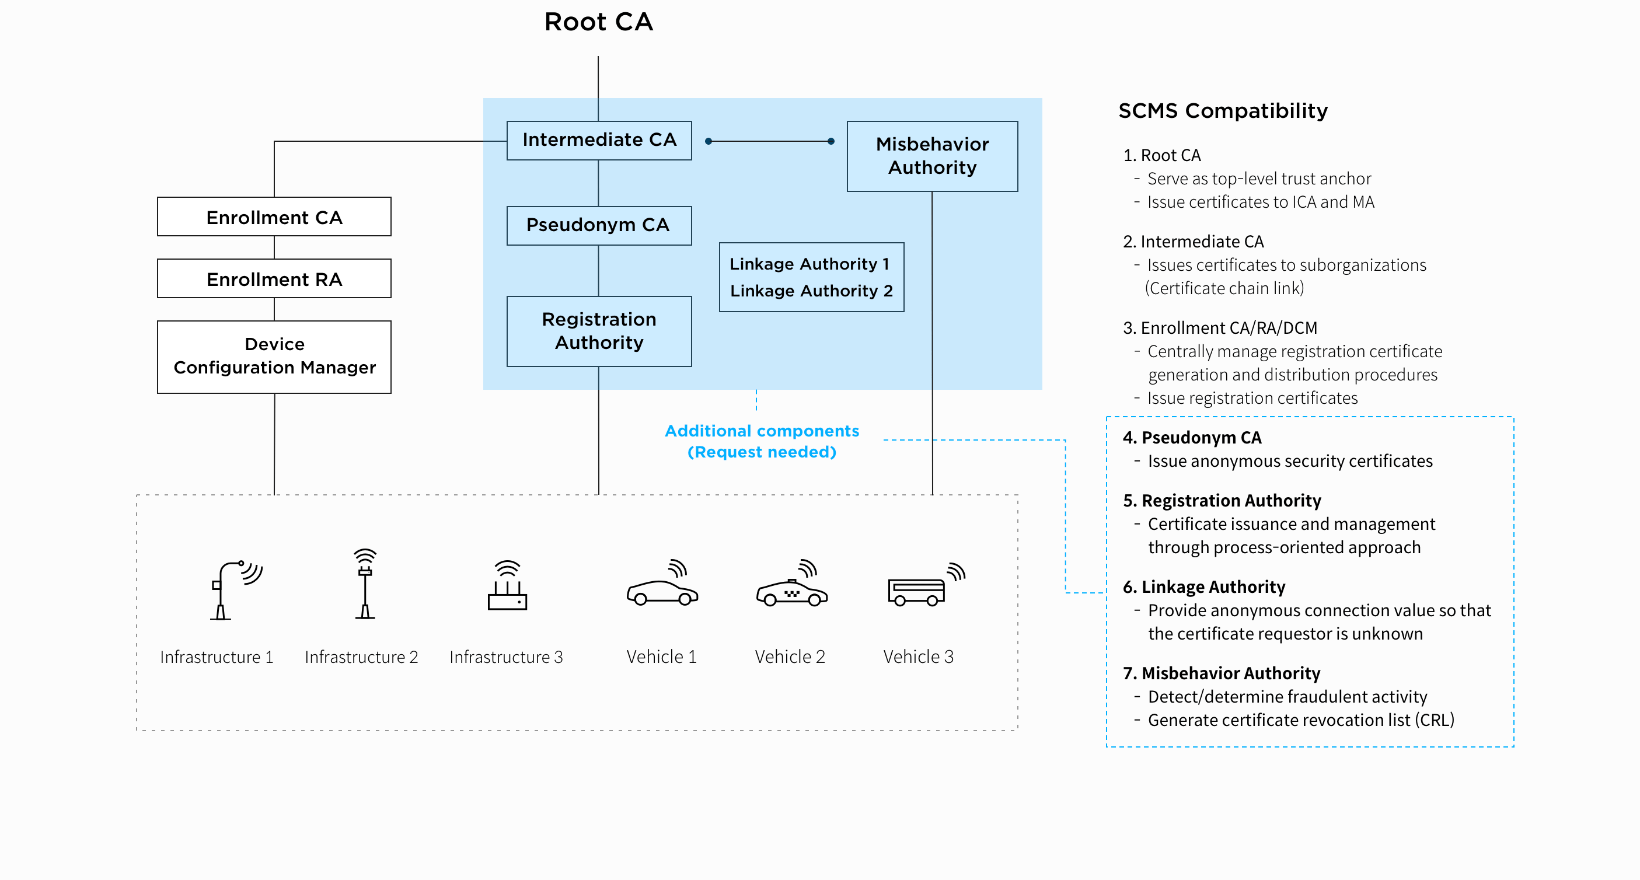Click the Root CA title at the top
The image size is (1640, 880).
[598, 22]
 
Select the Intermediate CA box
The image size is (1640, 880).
[599, 140]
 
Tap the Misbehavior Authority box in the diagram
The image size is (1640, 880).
[932, 156]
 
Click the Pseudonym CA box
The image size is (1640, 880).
[598, 225]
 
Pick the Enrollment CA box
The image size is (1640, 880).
[274, 217]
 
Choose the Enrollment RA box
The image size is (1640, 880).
[274, 279]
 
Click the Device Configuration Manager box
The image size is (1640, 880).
[274, 357]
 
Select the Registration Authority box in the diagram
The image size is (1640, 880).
[599, 331]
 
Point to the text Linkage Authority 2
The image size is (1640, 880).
[811, 291]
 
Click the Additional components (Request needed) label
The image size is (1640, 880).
[762, 441]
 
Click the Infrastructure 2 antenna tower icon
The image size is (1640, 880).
[365, 584]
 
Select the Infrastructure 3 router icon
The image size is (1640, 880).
[507, 586]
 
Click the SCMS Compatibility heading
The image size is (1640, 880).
[1222, 111]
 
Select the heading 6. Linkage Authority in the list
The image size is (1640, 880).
[1203, 587]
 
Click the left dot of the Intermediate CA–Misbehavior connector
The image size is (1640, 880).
[708, 141]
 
